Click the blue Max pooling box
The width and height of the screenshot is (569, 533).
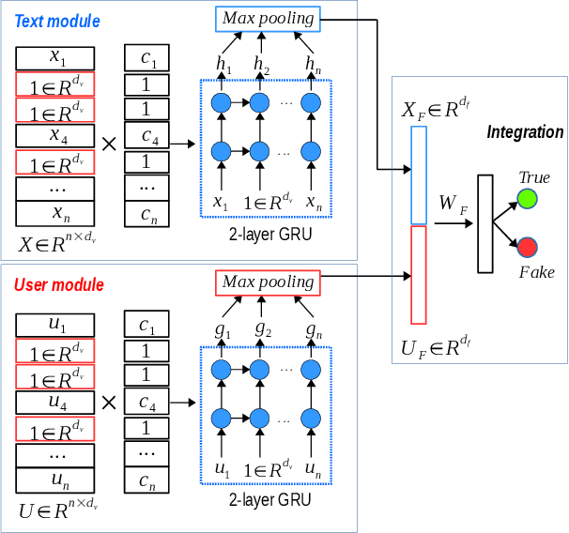point(268,17)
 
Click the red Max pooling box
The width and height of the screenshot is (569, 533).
point(268,282)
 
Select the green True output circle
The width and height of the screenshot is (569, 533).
point(527,199)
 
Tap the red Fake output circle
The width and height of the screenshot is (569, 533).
point(527,248)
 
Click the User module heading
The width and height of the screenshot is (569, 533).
point(59,284)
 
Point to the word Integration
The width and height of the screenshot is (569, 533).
point(525,132)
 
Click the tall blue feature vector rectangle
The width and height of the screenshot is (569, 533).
point(419,175)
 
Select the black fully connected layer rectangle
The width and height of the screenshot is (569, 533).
point(484,223)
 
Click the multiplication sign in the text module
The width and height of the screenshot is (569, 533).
point(108,144)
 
